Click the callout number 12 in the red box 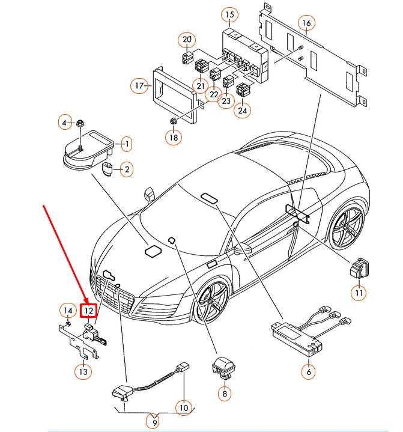pos(88,311)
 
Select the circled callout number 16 pos(306,23)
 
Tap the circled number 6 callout pos(308,371)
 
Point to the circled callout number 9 pos(155,423)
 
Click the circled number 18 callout pos(173,137)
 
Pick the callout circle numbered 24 pos(242,110)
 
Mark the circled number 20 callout pos(186,40)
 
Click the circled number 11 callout pos(359,293)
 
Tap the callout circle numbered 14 pos(67,310)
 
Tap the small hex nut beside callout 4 pos(80,123)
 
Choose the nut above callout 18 pos(172,121)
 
